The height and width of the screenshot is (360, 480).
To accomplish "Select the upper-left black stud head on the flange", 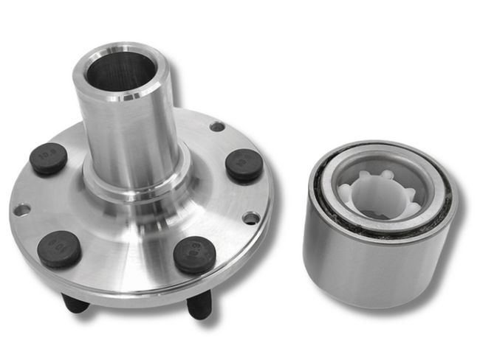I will tap(49, 158).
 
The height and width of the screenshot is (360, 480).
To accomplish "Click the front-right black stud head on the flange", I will tap(194, 255).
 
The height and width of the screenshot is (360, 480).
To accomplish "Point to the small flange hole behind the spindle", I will tap(216, 126).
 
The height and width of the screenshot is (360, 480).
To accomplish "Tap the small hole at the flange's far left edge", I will tap(22, 210).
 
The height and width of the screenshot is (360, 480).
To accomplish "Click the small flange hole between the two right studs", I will tap(251, 218).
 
